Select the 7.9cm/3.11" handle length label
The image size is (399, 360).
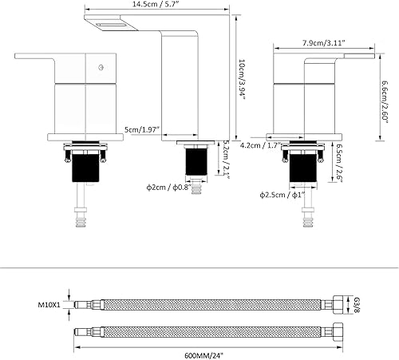[x=324, y=42]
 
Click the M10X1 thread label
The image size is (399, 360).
[x=49, y=304]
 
